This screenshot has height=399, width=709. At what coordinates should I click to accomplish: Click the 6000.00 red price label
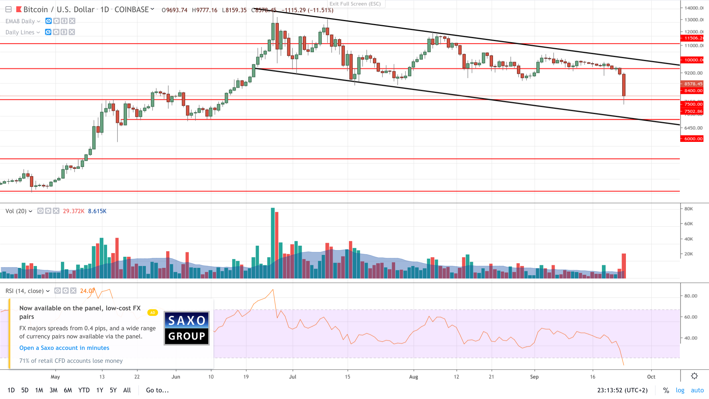coord(692,139)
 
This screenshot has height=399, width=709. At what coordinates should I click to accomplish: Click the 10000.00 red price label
coord(692,60)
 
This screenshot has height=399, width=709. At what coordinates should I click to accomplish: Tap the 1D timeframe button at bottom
coord(11,390)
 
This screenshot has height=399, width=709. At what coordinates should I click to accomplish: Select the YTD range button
coord(84,390)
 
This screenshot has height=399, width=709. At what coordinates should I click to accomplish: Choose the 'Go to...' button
coord(157,390)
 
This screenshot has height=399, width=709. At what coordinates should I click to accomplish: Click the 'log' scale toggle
coord(680,390)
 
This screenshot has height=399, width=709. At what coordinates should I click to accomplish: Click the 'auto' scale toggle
coord(697,390)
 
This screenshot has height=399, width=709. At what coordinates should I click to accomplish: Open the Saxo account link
coord(64,348)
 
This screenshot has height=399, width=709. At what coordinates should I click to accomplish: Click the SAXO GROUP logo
coord(186,328)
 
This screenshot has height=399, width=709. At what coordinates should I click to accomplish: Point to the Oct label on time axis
coord(651,377)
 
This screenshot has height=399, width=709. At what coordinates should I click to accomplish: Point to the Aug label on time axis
coord(414,377)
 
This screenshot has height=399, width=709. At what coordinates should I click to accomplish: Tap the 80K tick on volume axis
coord(689,209)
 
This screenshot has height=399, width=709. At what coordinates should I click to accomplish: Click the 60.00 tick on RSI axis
coord(691,317)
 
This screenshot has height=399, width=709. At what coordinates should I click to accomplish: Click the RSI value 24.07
coord(87,291)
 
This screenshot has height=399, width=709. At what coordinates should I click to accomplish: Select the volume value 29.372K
coord(73,211)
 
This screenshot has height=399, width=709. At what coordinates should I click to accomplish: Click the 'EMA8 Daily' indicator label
coord(20,21)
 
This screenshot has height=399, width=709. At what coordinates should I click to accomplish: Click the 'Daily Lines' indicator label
coord(20,33)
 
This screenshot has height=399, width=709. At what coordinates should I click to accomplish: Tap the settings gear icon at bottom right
coord(694,376)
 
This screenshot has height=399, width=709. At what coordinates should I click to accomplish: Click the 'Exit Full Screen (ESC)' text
coord(355,4)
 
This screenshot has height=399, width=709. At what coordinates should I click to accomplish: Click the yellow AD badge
coord(153,313)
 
